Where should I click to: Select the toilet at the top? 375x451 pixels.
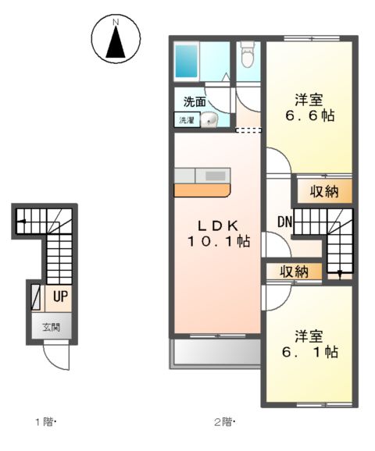coord(248,55)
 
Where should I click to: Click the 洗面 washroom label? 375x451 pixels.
coord(195,102)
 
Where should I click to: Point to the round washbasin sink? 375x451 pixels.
coord(209,119)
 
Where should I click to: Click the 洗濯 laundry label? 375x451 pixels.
coord(187,121)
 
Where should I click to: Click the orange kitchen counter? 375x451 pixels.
coord(202,190)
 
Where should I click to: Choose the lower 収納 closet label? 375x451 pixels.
coord(294,272)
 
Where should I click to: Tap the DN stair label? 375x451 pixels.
coord(284,223)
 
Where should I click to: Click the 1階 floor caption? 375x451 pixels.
coord(45,423)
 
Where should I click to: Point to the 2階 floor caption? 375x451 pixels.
coord(226,423)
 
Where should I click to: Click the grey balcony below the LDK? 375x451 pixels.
coord(216,354)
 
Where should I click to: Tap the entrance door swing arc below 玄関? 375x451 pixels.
coord(56,357)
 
